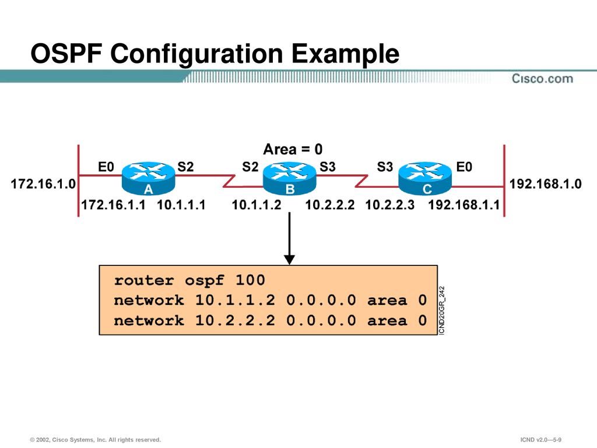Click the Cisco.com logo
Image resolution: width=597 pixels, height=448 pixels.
tap(542, 79)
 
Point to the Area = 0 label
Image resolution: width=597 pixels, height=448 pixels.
tap(293, 149)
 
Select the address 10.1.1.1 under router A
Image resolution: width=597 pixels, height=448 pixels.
tap(181, 205)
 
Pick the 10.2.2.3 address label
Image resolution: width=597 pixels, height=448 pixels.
tap(389, 205)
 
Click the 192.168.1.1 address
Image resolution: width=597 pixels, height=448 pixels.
tap(464, 205)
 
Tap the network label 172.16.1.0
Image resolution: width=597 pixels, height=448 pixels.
tap(43, 184)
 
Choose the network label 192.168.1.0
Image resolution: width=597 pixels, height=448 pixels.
tap(546, 184)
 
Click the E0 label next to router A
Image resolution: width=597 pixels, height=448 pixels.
tap(106, 167)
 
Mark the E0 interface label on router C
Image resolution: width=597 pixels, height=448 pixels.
tap(464, 167)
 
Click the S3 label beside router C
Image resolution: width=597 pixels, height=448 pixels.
tap(385, 167)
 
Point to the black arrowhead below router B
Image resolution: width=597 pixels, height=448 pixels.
tap(289, 258)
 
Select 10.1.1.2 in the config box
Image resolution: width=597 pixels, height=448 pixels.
tap(235, 300)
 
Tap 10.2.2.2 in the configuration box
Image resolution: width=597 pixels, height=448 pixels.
tap(235, 321)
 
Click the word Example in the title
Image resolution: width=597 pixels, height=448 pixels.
tap(346, 55)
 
